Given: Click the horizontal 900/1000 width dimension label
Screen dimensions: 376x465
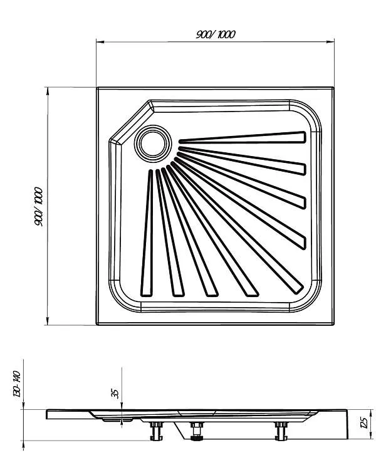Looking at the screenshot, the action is point(216,34).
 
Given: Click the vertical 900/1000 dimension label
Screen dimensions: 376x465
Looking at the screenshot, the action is point(39,207).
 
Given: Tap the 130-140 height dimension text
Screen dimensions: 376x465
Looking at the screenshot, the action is point(16,384).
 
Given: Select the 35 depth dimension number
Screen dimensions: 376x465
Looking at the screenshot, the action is point(115,393).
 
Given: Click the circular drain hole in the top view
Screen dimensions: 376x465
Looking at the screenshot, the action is point(153,144).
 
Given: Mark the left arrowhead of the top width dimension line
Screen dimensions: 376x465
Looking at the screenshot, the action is point(100,42).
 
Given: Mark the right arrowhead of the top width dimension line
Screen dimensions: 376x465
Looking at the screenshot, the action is point(330,42).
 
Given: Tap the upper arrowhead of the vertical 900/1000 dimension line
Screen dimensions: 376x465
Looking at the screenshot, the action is point(48,91).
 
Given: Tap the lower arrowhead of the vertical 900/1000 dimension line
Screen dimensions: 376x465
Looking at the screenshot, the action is point(48,321).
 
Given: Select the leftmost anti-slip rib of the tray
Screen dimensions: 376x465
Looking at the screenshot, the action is point(147,232).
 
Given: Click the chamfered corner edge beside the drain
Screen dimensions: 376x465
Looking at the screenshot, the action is point(132,122).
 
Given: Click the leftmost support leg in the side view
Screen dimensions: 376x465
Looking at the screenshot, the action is point(156,431).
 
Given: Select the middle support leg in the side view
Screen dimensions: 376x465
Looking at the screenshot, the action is point(196,431).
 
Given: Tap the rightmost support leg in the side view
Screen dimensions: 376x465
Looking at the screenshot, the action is point(281,431).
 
